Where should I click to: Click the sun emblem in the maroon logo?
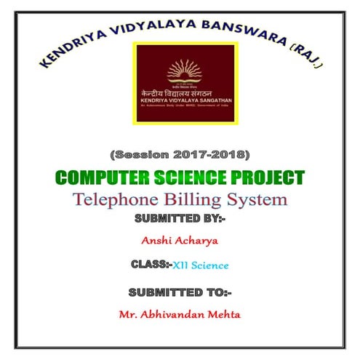[x=185, y=71]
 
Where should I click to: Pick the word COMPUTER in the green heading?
[x=100, y=177]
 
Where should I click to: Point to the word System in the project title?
[x=257, y=199]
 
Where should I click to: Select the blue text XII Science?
[x=201, y=265]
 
